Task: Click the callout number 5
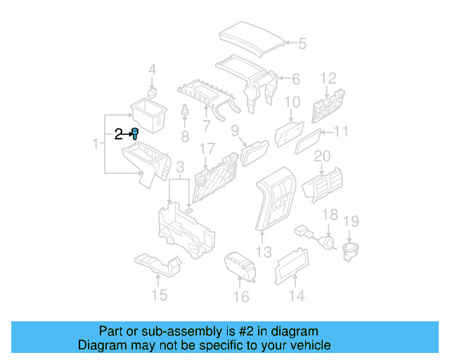pyautogui.click(x=302, y=44)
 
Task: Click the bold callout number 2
pyautogui.click(x=119, y=133)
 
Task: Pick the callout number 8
pyautogui.click(x=185, y=135)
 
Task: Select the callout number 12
pyautogui.click(x=328, y=77)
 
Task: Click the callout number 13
pyautogui.click(x=263, y=251)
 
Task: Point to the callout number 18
pyautogui.click(x=330, y=214)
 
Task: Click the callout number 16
pyautogui.click(x=240, y=297)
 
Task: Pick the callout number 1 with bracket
pyautogui.click(x=95, y=144)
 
